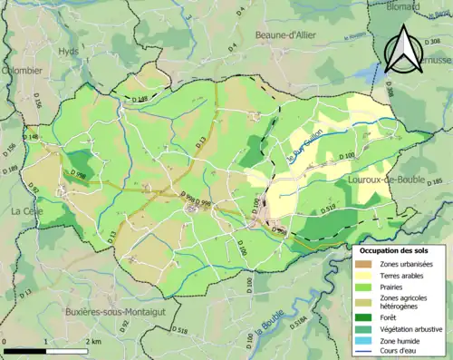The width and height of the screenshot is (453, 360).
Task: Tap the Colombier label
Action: pos(21,70)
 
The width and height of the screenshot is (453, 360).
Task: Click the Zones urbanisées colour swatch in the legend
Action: pos(362,264)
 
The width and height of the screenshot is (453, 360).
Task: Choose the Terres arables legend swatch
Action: pos(362,277)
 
